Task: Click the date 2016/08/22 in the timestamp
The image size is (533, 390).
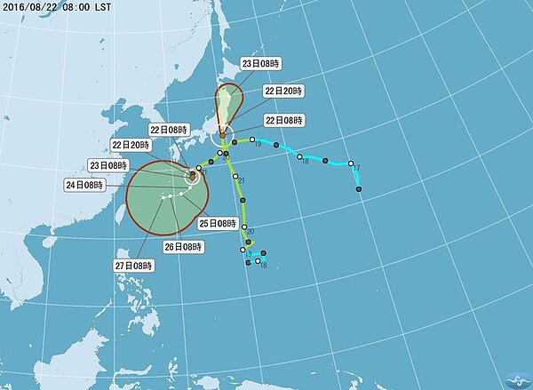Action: [33, 6]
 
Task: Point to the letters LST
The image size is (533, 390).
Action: [115, 6]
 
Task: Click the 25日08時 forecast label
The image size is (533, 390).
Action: [216, 222]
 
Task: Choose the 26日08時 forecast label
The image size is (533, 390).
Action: [183, 246]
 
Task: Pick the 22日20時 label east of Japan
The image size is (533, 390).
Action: [283, 91]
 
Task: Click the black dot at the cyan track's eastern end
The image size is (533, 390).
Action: [359, 188]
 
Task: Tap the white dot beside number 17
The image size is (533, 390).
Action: [351, 163]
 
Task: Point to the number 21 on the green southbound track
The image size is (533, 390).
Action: [242, 181]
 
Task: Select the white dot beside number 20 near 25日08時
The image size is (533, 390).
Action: [242, 229]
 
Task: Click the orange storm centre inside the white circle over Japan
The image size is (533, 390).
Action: [223, 136]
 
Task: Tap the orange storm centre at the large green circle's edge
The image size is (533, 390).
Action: [192, 176]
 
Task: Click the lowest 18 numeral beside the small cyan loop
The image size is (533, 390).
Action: [264, 265]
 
